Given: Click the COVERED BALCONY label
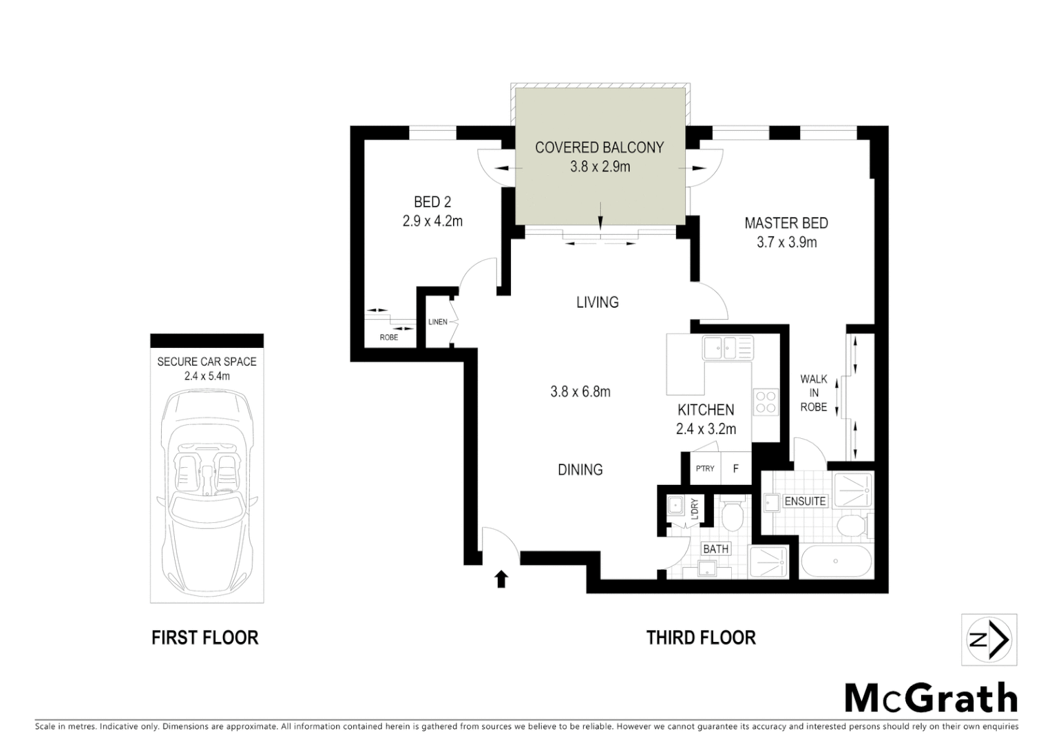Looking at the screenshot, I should point(599,147).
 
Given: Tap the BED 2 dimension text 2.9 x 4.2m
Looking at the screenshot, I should point(432,221).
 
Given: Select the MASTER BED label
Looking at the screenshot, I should point(786,223).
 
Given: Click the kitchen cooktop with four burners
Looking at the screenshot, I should point(766,401).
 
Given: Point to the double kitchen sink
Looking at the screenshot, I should point(727,347).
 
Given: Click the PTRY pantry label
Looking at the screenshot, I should point(705,468).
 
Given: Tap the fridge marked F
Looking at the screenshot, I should point(735,468).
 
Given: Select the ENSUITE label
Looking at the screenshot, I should point(805,501).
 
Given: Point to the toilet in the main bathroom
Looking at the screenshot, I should point(731,514).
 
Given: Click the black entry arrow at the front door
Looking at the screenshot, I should point(501,579).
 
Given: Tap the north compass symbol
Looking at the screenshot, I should point(989,640).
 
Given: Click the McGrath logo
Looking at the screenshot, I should point(931,699).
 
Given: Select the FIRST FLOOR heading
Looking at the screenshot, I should point(204,638).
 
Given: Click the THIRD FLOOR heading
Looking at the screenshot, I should point(701,638).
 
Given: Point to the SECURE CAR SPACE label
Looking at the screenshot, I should point(207,362).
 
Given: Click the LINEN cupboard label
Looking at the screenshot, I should point(438,322).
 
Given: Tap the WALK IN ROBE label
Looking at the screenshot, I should point(814,393).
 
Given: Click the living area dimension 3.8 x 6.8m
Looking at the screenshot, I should point(580,391).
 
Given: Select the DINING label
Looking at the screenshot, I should point(580,470).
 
